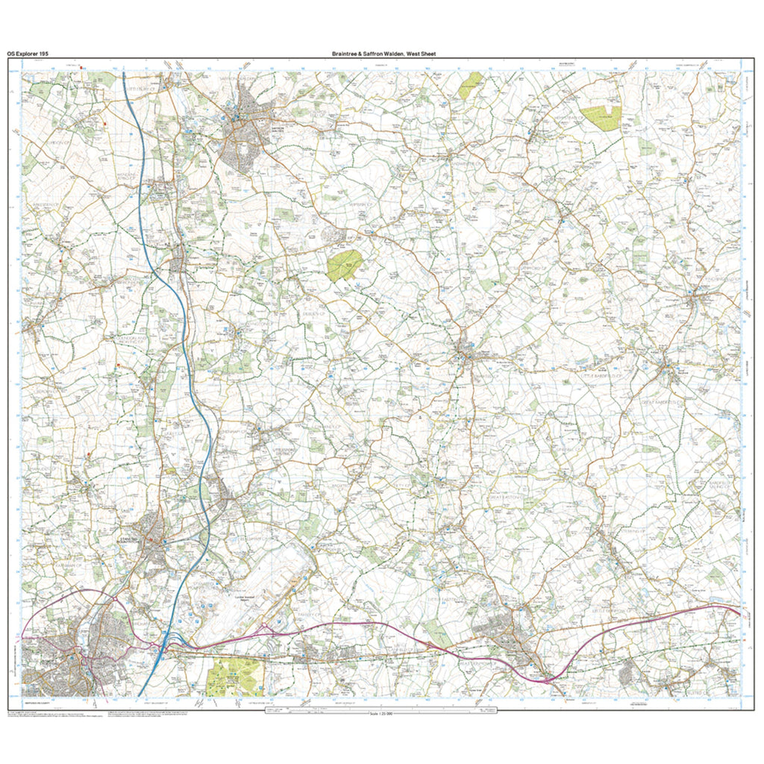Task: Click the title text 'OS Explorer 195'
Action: pyautogui.click(x=28, y=54)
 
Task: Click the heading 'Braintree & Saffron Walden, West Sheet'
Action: pyautogui.click(x=384, y=54)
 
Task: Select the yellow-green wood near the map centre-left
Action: pyautogui.click(x=344, y=265)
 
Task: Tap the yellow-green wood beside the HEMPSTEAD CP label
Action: pyautogui.click(x=601, y=118)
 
